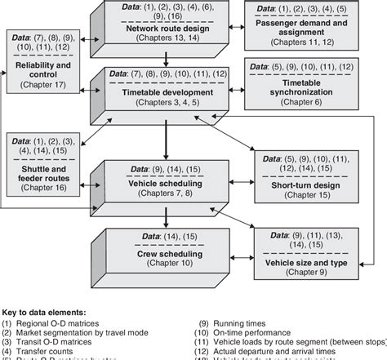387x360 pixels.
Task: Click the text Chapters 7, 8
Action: (x=165, y=196)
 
